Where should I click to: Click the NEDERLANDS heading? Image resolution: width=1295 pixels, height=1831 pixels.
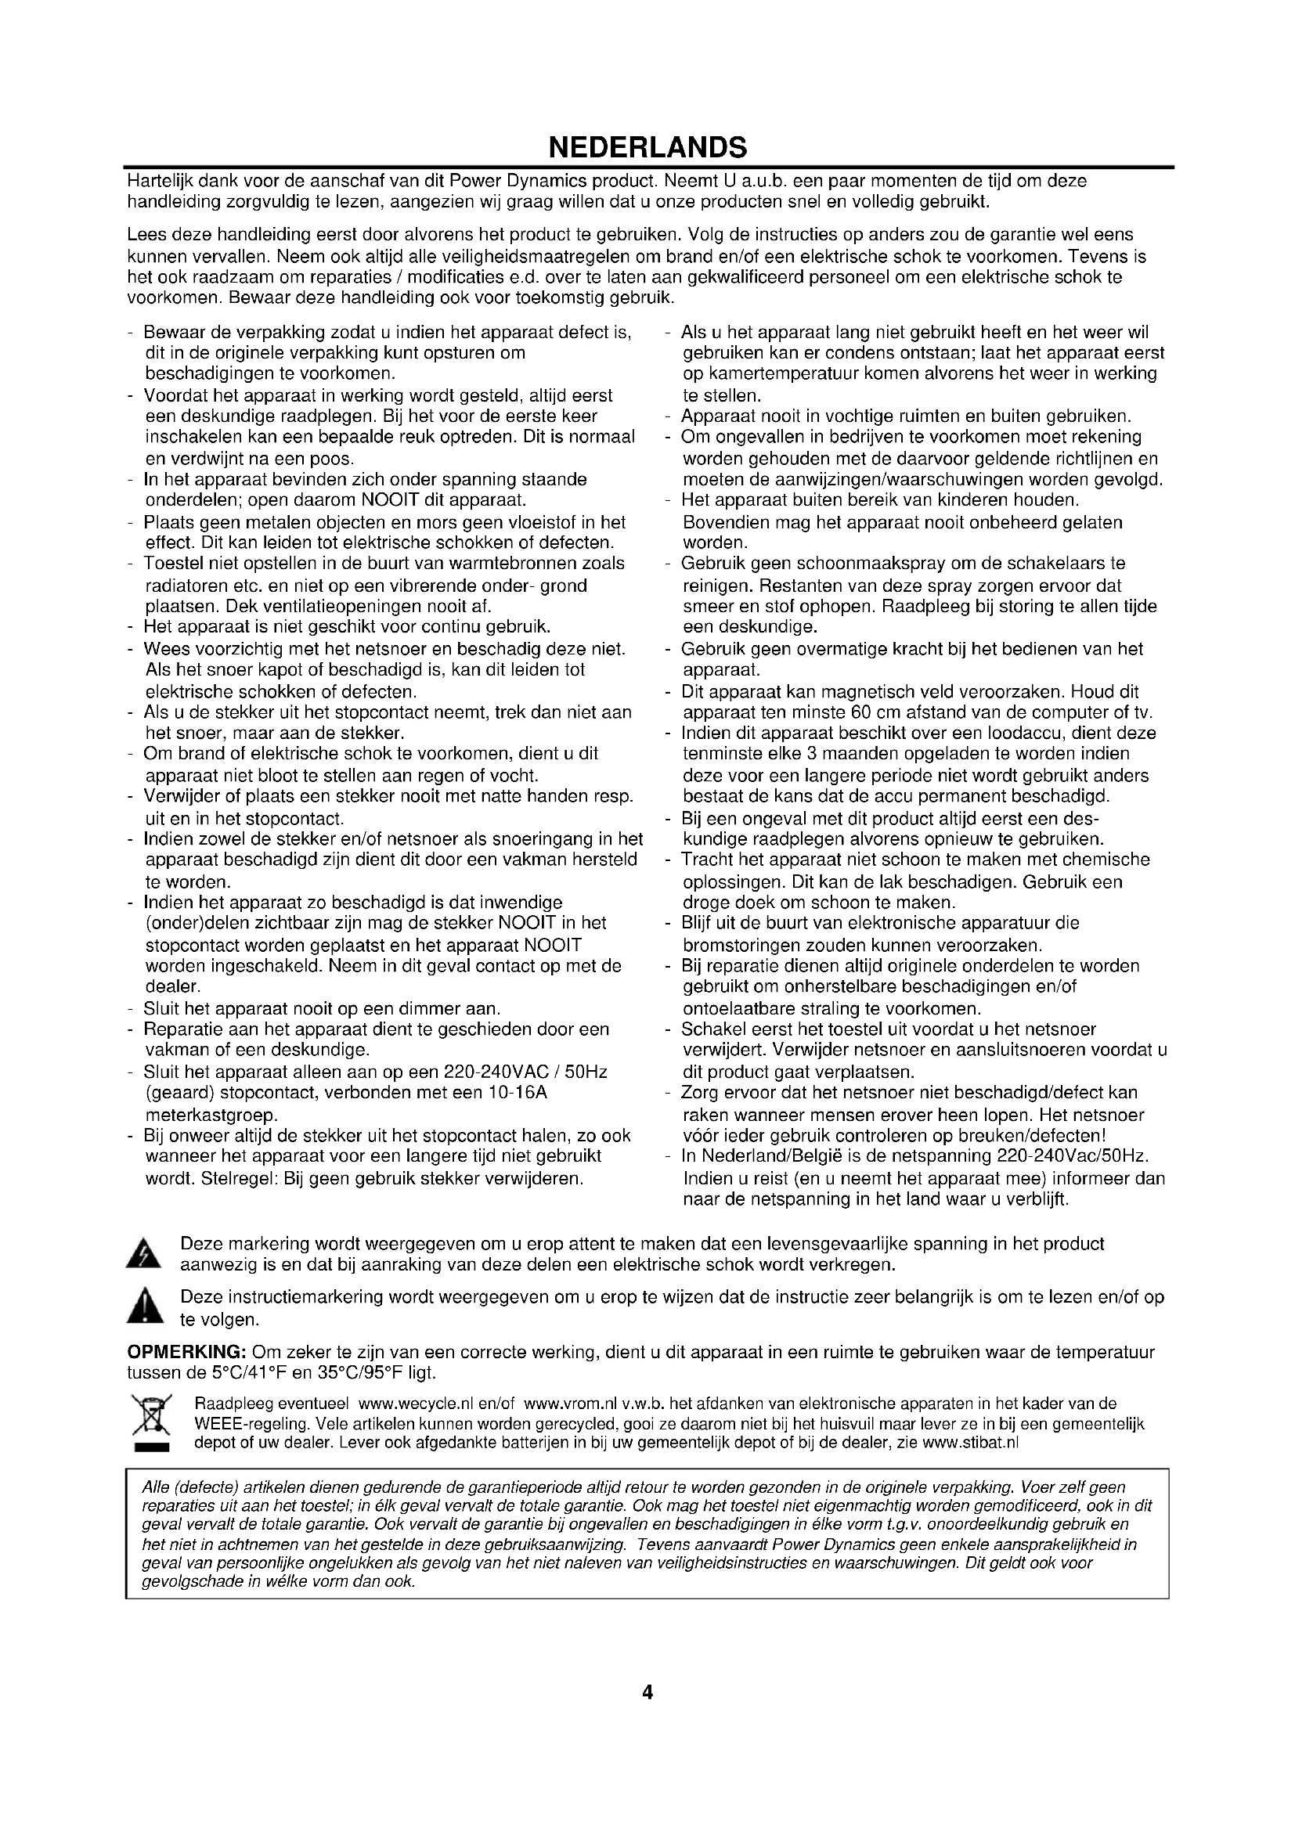647,147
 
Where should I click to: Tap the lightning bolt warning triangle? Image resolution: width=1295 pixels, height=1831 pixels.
144,1254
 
